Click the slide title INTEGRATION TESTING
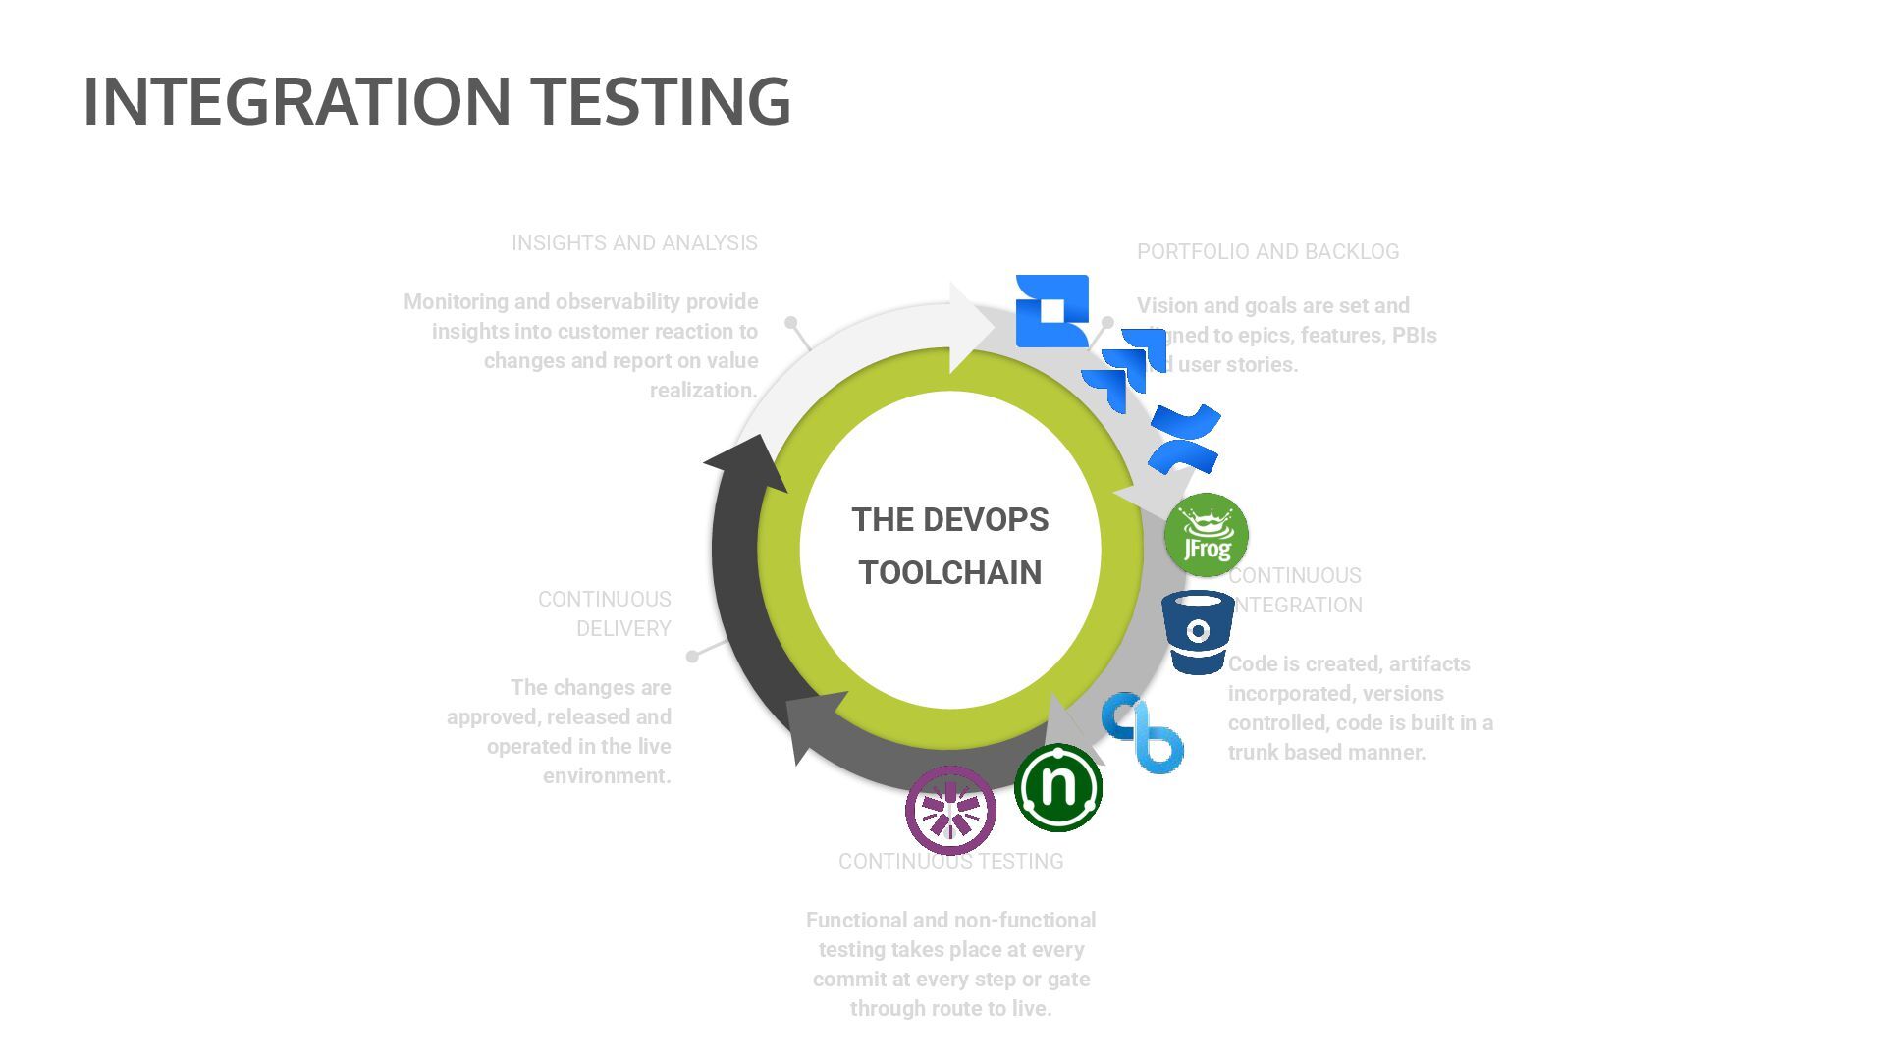pos(437,101)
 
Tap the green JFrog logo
pos(1206,535)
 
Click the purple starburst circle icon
pos(950,811)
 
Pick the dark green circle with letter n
pos(1058,787)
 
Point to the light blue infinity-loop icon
pos(1142,732)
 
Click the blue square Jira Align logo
pos(1051,310)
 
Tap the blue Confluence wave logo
pos(1185,439)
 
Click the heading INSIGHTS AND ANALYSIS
pos(634,243)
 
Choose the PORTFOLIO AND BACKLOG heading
pos(1267,252)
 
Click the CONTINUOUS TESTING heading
pos(950,862)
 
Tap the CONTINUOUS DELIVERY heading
pos(604,613)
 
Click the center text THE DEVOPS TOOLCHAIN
pos(949,546)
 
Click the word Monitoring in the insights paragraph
pos(459,302)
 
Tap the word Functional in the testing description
pos(852,921)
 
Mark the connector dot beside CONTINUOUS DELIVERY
pos(692,656)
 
